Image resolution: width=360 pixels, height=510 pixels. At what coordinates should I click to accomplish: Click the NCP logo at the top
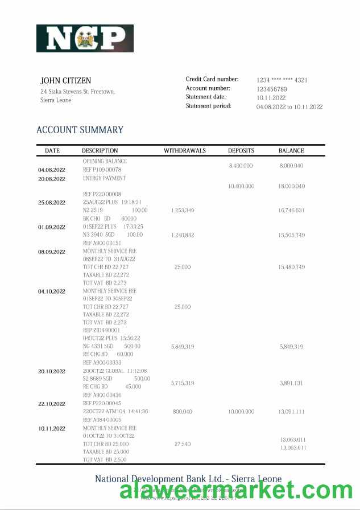click(85, 39)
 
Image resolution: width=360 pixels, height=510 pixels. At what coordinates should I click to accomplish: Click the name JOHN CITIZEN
click(65, 81)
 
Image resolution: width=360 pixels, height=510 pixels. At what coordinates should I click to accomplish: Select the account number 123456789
click(271, 89)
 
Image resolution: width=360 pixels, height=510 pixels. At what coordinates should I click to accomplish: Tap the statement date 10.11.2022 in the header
click(271, 98)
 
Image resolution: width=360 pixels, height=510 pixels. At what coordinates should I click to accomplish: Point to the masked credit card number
click(282, 80)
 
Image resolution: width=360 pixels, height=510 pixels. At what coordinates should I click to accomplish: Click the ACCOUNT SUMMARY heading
click(80, 130)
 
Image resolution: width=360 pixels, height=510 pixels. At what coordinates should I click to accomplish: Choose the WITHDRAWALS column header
click(184, 151)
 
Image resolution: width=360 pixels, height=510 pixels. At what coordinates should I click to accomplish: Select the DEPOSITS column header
click(241, 151)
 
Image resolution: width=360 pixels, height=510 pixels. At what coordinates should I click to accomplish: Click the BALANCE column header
click(291, 151)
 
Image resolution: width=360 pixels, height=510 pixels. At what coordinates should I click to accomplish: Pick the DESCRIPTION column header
click(100, 151)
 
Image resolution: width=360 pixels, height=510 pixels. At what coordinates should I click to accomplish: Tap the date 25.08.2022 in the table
click(52, 203)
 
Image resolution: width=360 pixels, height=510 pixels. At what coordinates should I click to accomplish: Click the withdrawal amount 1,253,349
click(183, 211)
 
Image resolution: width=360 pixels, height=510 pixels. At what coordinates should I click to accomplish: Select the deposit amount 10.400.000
click(241, 186)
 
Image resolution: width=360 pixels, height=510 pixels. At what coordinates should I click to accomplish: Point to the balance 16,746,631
click(291, 211)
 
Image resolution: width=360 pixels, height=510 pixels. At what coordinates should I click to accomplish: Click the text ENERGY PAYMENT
click(104, 178)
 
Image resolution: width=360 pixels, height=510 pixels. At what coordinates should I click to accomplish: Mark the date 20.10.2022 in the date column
click(52, 371)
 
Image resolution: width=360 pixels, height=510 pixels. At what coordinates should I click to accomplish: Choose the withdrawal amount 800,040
click(183, 411)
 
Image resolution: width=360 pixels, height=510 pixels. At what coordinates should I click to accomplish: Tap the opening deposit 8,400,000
click(241, 166)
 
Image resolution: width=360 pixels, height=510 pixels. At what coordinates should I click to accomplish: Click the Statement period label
click(208, 106)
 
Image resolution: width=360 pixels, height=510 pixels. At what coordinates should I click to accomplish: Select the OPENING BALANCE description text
click(105, 161)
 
